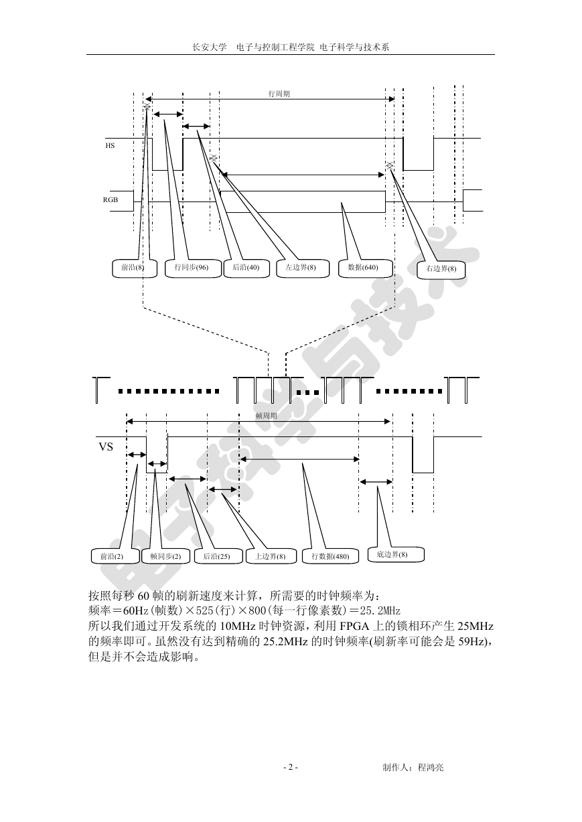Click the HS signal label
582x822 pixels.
tap(110, 146)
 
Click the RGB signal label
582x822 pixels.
tap(111, 200)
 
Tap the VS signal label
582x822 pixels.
tap(106, 447)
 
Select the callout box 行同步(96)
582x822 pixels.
tap(192, 268)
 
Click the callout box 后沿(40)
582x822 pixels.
tap(246, 268)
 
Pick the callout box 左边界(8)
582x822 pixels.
tap(303, 268)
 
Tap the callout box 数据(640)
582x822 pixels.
tap(365, 268)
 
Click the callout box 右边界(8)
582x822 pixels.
tap(441, 270)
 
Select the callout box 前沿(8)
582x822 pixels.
tap(134, 268)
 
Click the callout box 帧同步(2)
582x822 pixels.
tap(166, 556)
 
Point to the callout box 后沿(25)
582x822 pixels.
tap(218, 556)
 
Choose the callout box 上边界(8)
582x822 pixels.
tap(271, 556)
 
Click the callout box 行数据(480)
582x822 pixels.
tap(330, 556)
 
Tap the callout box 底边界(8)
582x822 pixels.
tap(396, 554)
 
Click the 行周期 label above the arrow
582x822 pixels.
tap(279, 94)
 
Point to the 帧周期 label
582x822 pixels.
tap(266, 416)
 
